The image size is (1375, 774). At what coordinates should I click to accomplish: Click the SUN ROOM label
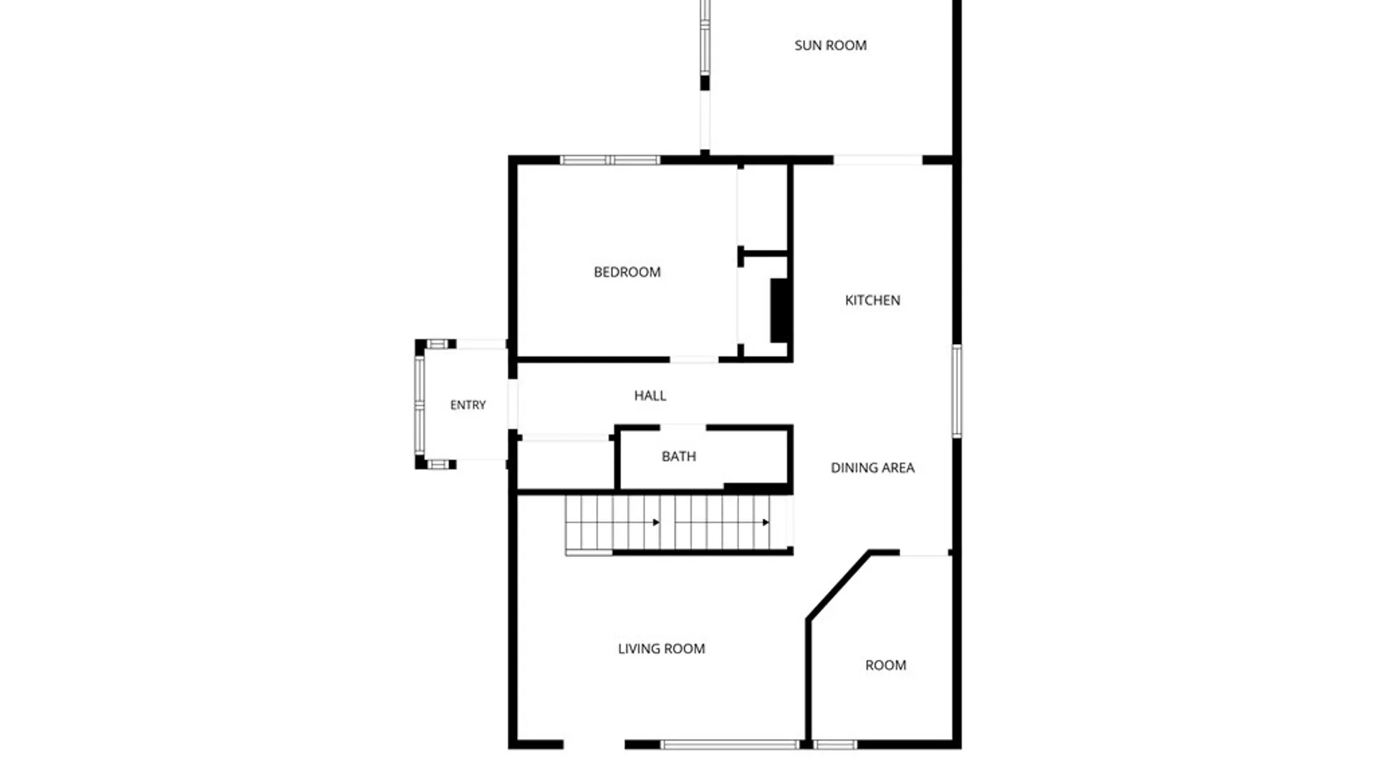pos(830,45)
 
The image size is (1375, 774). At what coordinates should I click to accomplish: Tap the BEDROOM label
pos(627,272)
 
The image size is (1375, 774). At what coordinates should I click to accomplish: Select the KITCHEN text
pos(872,300)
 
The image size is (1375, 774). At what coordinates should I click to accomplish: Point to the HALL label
pos(650,395)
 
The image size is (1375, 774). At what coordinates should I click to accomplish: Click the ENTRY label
pos(468,405)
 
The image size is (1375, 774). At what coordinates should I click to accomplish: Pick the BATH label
pos(679,457)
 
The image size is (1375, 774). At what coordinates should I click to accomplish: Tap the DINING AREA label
pos(872,468)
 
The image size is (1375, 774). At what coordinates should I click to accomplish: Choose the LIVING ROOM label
pos(661,649)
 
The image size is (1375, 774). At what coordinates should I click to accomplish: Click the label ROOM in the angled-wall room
pos(886,665)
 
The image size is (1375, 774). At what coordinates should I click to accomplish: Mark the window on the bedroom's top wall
pos(609,160)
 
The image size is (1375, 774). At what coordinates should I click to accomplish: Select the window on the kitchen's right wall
pos(957,391)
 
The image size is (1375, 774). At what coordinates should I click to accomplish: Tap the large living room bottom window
pos(729,745)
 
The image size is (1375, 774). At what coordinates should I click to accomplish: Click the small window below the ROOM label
pos(835,745)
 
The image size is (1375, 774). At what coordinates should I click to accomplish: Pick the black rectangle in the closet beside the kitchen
pos(780,310)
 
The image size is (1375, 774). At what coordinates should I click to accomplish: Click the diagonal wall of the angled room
pos(839,586)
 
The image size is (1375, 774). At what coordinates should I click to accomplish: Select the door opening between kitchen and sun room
pos(878,160)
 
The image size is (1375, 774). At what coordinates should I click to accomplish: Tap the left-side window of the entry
pos(420,405)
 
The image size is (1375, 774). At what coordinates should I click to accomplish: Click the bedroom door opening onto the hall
pos(694,359)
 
